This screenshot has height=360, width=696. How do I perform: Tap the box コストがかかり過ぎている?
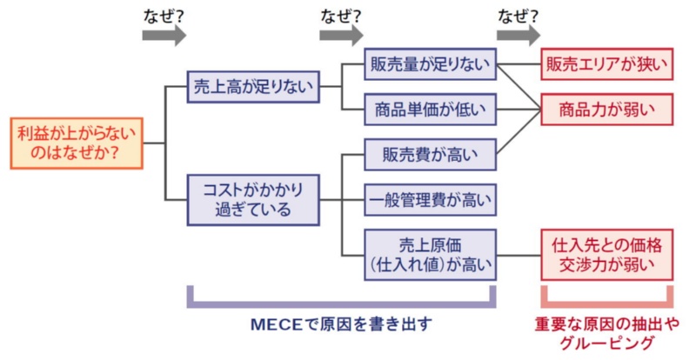coord(252,199)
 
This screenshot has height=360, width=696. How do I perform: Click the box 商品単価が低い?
coord(430,110)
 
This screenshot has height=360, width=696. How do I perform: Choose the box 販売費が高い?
coord(430,156)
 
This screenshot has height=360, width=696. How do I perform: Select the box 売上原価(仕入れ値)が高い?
coord(430,254)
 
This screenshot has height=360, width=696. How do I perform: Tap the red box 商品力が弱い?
coord(607,110)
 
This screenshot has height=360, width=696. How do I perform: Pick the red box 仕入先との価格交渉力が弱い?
coord(607,254)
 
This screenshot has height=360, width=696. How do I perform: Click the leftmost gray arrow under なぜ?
coord(164,35)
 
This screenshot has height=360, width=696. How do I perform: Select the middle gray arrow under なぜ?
coord(341,35)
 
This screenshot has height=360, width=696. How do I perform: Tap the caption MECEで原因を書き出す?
coord(340,324)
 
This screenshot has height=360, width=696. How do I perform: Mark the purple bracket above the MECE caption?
coord(341,303)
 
